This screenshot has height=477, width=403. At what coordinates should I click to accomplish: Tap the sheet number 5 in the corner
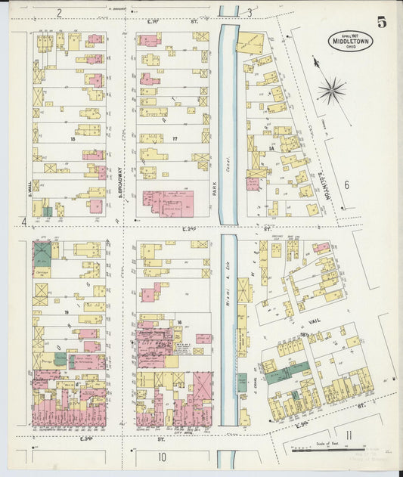[x=382, y=21]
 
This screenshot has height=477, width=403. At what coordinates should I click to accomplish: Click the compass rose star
[x=331, y=92]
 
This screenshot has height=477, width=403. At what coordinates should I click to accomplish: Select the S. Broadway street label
[x=118, y=181]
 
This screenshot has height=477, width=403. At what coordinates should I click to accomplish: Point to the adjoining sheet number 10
[x=162, y=457]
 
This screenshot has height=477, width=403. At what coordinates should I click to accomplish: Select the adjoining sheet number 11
[x=349, y=434]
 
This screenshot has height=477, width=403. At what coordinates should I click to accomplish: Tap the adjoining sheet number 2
[x=58, y=13]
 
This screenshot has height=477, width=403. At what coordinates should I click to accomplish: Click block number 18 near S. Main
[x=73, y=139]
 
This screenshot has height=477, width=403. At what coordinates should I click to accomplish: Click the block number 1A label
[x=270, y=149]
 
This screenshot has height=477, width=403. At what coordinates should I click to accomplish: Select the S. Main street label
[x=29, y=181]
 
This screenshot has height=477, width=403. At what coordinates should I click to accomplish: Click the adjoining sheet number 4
[x=24, y=221]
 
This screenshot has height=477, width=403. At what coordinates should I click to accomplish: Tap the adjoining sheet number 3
[x=250, y=12]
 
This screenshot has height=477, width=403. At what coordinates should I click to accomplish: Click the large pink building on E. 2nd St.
[x=168, y=203]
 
